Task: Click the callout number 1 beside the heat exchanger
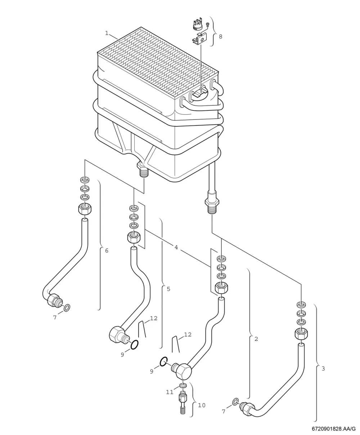point(107,33)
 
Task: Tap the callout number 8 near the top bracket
point(221,36)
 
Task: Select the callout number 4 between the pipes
point(176,247)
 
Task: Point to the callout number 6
point(107,251)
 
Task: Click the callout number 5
point(168,289)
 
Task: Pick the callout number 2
point(256,339)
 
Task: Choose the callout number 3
point(323,368)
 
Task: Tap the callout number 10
point(202,405)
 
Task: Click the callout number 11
point(170,392)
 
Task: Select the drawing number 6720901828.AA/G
point(333,429)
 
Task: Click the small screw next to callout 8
point(207,24)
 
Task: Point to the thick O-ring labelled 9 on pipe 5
point(134,344)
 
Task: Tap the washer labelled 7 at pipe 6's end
point(67,308)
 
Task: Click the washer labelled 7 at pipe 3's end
point(236,401)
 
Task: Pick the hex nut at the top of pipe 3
point(301,335)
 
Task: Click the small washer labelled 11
point(183,385)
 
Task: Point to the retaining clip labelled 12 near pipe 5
point(142,329)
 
